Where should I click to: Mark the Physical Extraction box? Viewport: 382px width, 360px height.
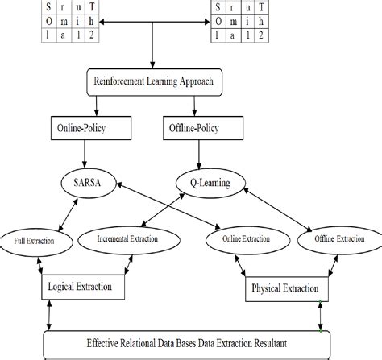(285, 288)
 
